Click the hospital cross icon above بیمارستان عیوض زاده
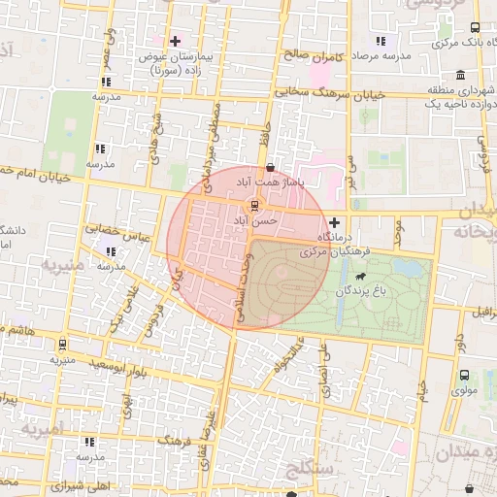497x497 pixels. (175, 41)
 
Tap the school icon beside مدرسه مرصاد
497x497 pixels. (381, 42)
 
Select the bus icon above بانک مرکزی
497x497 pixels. (474, 27)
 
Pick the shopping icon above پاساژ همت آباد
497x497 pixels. (282, 167)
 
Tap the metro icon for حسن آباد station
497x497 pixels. (254, 206)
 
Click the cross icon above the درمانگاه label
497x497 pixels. (335, 222)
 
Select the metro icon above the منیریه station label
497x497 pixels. (62, 344)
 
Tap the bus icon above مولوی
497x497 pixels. (464, 375)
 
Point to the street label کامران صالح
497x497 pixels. (315, 56)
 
